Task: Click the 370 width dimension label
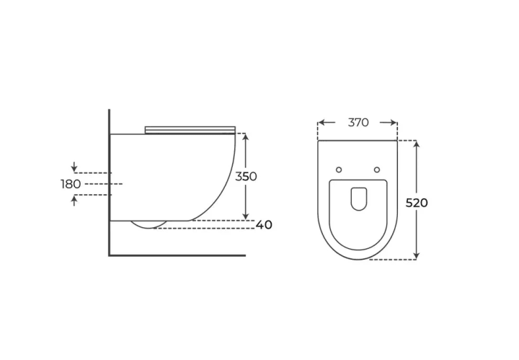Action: pos(358,123)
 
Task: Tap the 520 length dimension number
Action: pos(417,203)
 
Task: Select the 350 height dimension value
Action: pos(246,177)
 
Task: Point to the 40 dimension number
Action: pos(264,225)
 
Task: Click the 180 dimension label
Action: pos(71,184)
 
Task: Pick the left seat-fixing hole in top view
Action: pos(339,170)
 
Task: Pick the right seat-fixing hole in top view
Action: pos(377,170)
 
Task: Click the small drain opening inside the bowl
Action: pos(358,199)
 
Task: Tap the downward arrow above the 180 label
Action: pos(74,167)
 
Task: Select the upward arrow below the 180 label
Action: pos(74,201)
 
